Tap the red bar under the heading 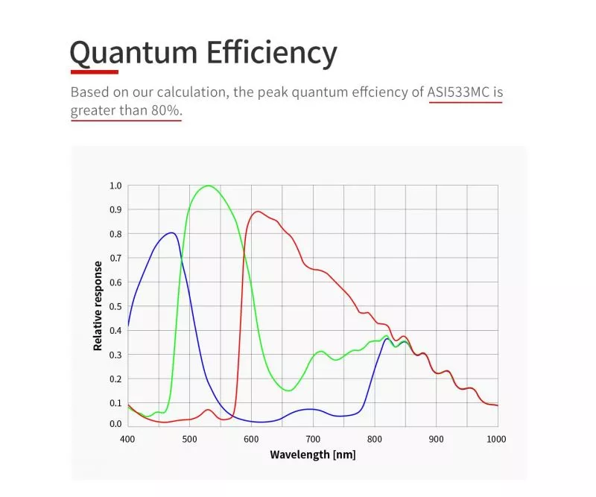pos(95,72)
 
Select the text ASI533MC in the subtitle pos(458,93)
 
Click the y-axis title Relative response pos(98,306)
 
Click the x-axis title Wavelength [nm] pos(312,455)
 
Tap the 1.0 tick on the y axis pos(115,186)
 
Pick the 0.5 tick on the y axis pos(115,306)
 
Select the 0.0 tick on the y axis pos(115,425)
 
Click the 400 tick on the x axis pos(127,439)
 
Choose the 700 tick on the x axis pos(312,439)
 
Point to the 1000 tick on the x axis pos(496,439)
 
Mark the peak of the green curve pos(208,186)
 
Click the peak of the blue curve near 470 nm pos(172,232)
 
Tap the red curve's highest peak pos(258,212)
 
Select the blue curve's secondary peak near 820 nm pos(387,339)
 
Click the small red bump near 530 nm pos(208,410)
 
